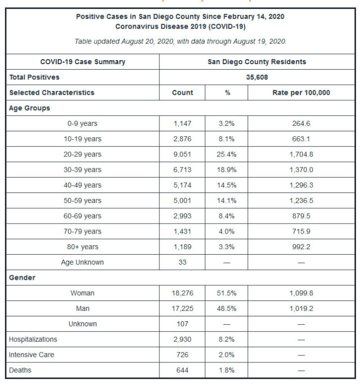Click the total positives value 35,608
[257, 77]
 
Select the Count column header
[182, 93]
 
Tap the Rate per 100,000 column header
[301, 93]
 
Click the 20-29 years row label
[82, 154]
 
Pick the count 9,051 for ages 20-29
[182, 154]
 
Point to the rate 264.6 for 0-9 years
[301, 123]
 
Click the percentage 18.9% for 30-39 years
[227, 170]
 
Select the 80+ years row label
[82, 247]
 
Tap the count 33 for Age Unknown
[182, 262]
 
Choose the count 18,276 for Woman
[182, 293]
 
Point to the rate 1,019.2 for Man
[301, 308]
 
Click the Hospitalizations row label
[33, 339]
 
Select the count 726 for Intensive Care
[182, 355]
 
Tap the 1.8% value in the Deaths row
[227, 370]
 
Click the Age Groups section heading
[30, 108]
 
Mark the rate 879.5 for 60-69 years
[301, 216]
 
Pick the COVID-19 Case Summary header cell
[82, 62]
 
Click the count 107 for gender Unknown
[182, 324]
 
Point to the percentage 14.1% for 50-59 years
[227, 201]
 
